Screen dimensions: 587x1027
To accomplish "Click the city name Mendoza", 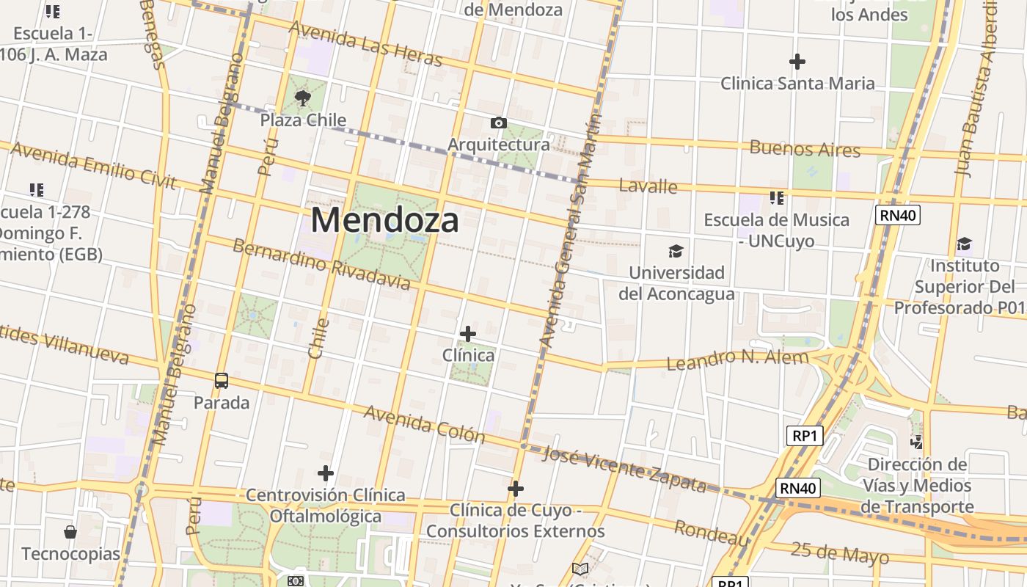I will pyautogui.click(x=385, y=220).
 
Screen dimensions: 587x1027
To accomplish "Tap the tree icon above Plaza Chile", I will pyautogui.click(x=302, y=98).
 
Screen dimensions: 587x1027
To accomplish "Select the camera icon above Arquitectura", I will pyautogui.click(x=499, y=123).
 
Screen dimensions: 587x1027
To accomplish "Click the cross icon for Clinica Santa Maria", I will pyautogui.click(x=797, y=62).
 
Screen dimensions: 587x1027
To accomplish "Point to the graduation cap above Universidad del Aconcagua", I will pyautogui.click(x=676, y=252).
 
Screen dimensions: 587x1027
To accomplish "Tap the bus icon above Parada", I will pyautogui.click(x=222, y=381).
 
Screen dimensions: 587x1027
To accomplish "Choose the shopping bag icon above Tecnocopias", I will pyautogui.click(x=70, y=531).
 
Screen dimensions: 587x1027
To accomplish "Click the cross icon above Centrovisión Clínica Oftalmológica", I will pyautogui.click(x=326, y=473).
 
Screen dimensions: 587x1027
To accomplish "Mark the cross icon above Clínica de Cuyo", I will pyautogui.click(x=516, y=488).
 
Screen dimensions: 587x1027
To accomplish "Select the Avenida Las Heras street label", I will pyautogui.click(x=365, y=43).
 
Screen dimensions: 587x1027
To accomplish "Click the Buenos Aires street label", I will pyautogui.click(x=805, y=148).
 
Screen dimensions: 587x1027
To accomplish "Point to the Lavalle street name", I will pyautogui.click(x=648, y=186).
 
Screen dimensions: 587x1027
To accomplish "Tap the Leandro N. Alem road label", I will pyautogui.click(x=737, y=360).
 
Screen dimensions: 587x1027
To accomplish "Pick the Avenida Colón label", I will pyautogui.click(x=425, y=424).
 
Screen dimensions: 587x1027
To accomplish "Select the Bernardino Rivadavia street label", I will pyautogui.click(x=321, y=263).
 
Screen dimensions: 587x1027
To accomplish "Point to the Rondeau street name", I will pyautogui.click(x=712, y=533).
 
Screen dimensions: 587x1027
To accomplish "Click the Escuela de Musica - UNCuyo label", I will pyautogui.click(x=776, y=230).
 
